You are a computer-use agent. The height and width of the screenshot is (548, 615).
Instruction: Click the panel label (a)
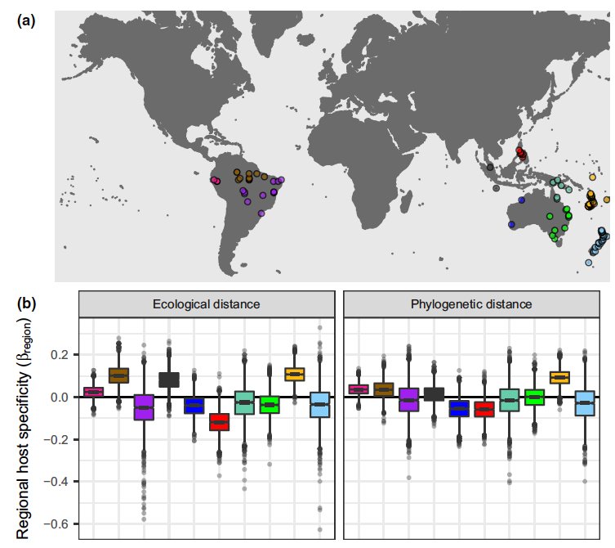(26, 22)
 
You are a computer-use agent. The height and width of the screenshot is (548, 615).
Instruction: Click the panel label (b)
(26, 303)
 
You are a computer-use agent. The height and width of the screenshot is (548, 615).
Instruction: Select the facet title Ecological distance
(207, 304)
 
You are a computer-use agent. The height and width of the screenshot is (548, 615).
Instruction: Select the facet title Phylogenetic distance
(471, 304)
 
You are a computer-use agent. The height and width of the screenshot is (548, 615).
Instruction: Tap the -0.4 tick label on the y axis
(57, 482)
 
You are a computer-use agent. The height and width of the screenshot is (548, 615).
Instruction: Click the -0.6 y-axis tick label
(57, 523)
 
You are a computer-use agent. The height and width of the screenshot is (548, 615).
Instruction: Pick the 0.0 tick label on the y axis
(60, 398)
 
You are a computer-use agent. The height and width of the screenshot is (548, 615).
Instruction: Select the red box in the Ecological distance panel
(219, 422)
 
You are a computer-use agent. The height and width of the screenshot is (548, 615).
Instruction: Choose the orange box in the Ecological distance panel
(295, 374)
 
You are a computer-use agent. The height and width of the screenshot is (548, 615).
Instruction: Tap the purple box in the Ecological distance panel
(144, 407)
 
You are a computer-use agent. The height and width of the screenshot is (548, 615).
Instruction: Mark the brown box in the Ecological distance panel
(119, 375)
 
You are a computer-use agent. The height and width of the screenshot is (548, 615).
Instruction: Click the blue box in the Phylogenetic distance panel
(460, 408)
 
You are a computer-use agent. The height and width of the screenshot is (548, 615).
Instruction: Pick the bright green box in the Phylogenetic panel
(534, 397)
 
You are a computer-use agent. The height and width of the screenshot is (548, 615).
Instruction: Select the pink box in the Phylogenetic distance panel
(359, 389)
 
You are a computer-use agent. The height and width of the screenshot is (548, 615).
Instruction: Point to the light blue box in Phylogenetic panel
(584, 403)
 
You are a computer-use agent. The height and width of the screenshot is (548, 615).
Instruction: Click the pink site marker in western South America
(216, 181)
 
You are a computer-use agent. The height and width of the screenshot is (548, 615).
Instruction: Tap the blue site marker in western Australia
(510, 224)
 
